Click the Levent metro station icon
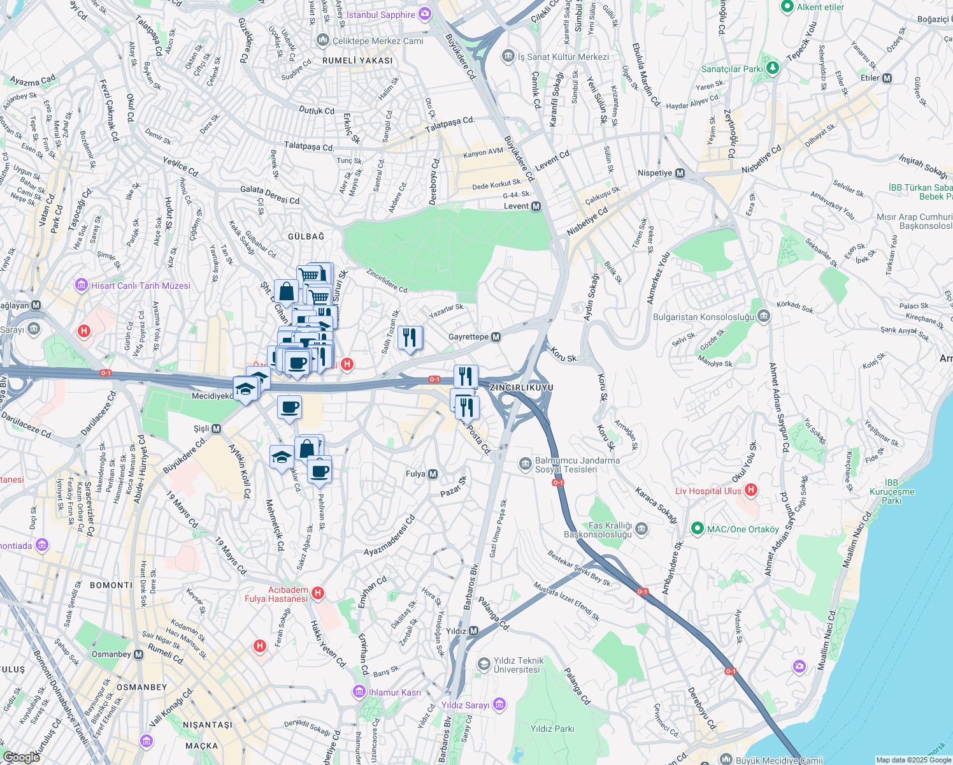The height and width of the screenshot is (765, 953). pos(536,206)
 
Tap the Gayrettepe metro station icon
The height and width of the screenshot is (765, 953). pos(496,337)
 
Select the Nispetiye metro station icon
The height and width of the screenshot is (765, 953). pos(680,173)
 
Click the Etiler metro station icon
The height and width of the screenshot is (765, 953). pos(887,78)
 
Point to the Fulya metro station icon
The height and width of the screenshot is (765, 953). pos(433,474)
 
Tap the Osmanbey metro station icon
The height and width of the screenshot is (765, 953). pos(138,654)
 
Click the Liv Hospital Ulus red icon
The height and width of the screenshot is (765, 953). pos(751,490)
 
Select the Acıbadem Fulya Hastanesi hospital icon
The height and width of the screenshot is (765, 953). pos(318,594)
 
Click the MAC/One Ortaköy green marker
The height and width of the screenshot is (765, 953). pos(698,528)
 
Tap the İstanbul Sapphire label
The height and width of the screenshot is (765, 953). pos(380,15)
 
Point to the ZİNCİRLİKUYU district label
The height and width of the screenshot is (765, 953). pos(521,388)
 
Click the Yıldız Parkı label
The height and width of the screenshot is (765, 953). pos(552,729)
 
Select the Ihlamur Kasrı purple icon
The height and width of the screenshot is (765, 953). pos(359,692)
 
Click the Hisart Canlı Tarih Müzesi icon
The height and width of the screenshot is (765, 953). pos(82,285)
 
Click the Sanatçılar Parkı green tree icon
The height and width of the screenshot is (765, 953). pos(773,67)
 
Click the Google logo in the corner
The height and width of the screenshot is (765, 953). pos(21,757)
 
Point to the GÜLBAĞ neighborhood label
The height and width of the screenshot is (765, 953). pos(306,237)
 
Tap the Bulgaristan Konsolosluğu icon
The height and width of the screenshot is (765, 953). pos(764,317)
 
